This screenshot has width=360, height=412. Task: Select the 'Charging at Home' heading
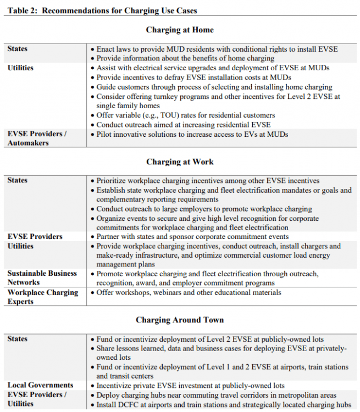pos(180,30)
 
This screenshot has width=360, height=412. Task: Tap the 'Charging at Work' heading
pos(180,162)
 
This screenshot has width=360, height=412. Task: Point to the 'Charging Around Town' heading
pos(180,320)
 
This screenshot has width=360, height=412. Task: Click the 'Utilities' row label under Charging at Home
pos(21,68)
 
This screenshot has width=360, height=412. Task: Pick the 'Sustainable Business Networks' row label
pos(42,278)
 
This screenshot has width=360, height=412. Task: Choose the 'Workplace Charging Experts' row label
pos(43,297)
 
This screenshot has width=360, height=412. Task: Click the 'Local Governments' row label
pos(40,385)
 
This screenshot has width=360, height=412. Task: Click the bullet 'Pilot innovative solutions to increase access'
pos(192,134)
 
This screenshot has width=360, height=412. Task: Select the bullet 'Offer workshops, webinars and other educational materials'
pos(189,292)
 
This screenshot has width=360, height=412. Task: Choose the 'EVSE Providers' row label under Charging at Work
pos(35,236)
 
